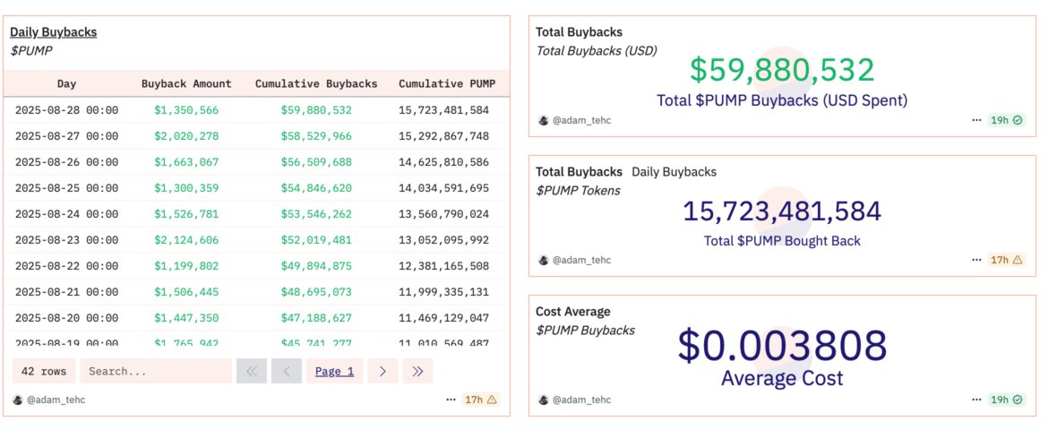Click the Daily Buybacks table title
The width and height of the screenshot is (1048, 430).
(53, 32)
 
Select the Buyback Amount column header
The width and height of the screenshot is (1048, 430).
(186, 83)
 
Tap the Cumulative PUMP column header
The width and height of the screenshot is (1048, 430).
(443, 83)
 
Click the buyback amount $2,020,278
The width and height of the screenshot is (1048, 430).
(186, 136)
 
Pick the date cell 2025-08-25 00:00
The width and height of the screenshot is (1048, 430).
(66, 188)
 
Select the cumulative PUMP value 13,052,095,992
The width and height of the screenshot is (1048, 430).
(443, 240)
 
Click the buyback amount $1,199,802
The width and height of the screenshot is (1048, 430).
(186, 266)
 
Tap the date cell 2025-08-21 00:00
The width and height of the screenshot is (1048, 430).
(66, 292)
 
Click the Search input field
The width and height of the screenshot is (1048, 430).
(155, 371)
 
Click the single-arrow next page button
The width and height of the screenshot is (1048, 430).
(382, 371)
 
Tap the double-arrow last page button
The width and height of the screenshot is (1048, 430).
(417, 371)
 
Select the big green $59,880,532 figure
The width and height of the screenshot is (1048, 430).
(781, 70)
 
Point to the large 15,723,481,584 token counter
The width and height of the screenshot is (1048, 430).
(781, 211)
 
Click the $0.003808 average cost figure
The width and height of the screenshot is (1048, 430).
(781, 346)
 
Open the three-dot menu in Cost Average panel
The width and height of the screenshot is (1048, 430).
(975, 400)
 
